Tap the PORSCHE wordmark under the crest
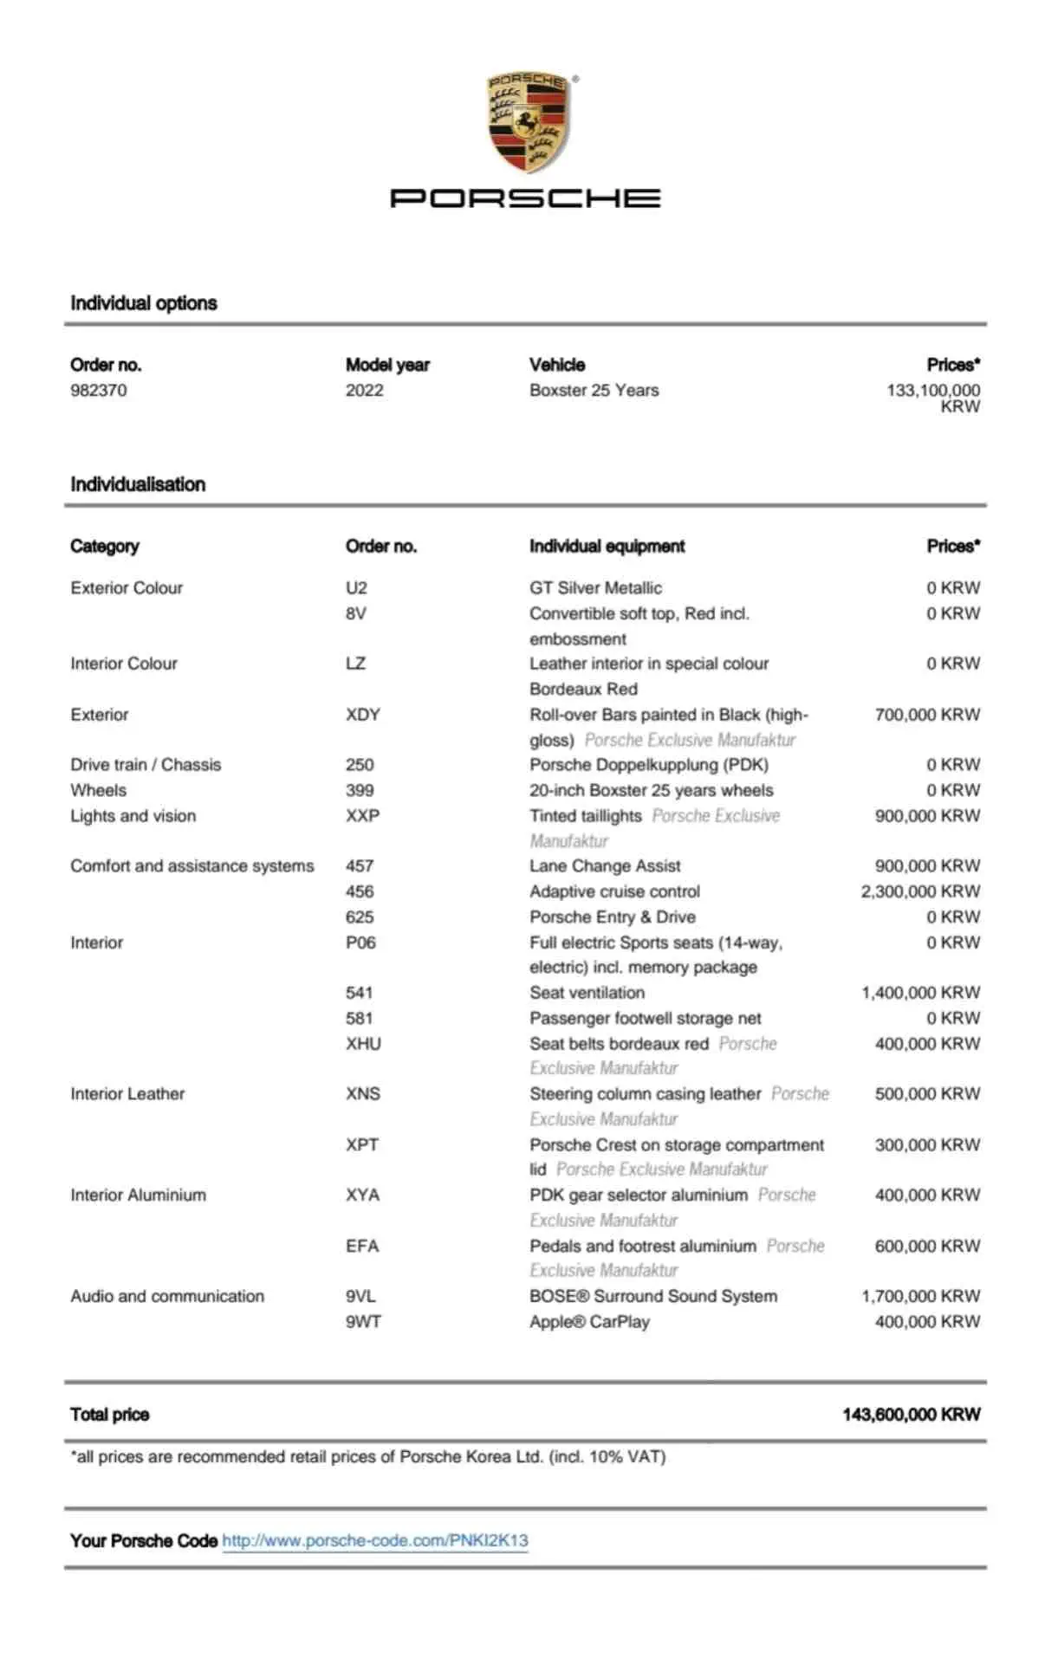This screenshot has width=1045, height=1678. (525, 198)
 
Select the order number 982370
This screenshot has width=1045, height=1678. (99, 391)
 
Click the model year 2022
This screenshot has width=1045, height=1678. (364, 391)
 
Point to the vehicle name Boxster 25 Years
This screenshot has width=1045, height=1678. (594, 391)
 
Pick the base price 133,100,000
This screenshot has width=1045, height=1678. (932, 391)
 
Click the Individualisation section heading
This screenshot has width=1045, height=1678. (138, 484)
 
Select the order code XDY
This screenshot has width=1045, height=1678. (363, 715)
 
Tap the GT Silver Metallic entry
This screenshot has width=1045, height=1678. (595, 588)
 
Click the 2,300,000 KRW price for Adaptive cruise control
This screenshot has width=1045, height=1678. (920, 891)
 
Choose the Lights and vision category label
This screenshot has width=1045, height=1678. (133, 816)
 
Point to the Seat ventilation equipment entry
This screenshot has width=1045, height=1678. (587, 993)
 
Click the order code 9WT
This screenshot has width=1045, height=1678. (363, 1322)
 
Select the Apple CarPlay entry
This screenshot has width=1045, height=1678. (589, 1322)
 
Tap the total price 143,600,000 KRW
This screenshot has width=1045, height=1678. (911, 1415)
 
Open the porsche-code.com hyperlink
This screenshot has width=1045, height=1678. (375, 1540)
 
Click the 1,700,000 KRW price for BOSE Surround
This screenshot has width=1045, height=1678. (920, 1297)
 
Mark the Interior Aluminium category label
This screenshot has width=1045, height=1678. (139, 1195)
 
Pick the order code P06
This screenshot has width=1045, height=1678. (360, 943)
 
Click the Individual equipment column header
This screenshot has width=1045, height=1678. (607, 547)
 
